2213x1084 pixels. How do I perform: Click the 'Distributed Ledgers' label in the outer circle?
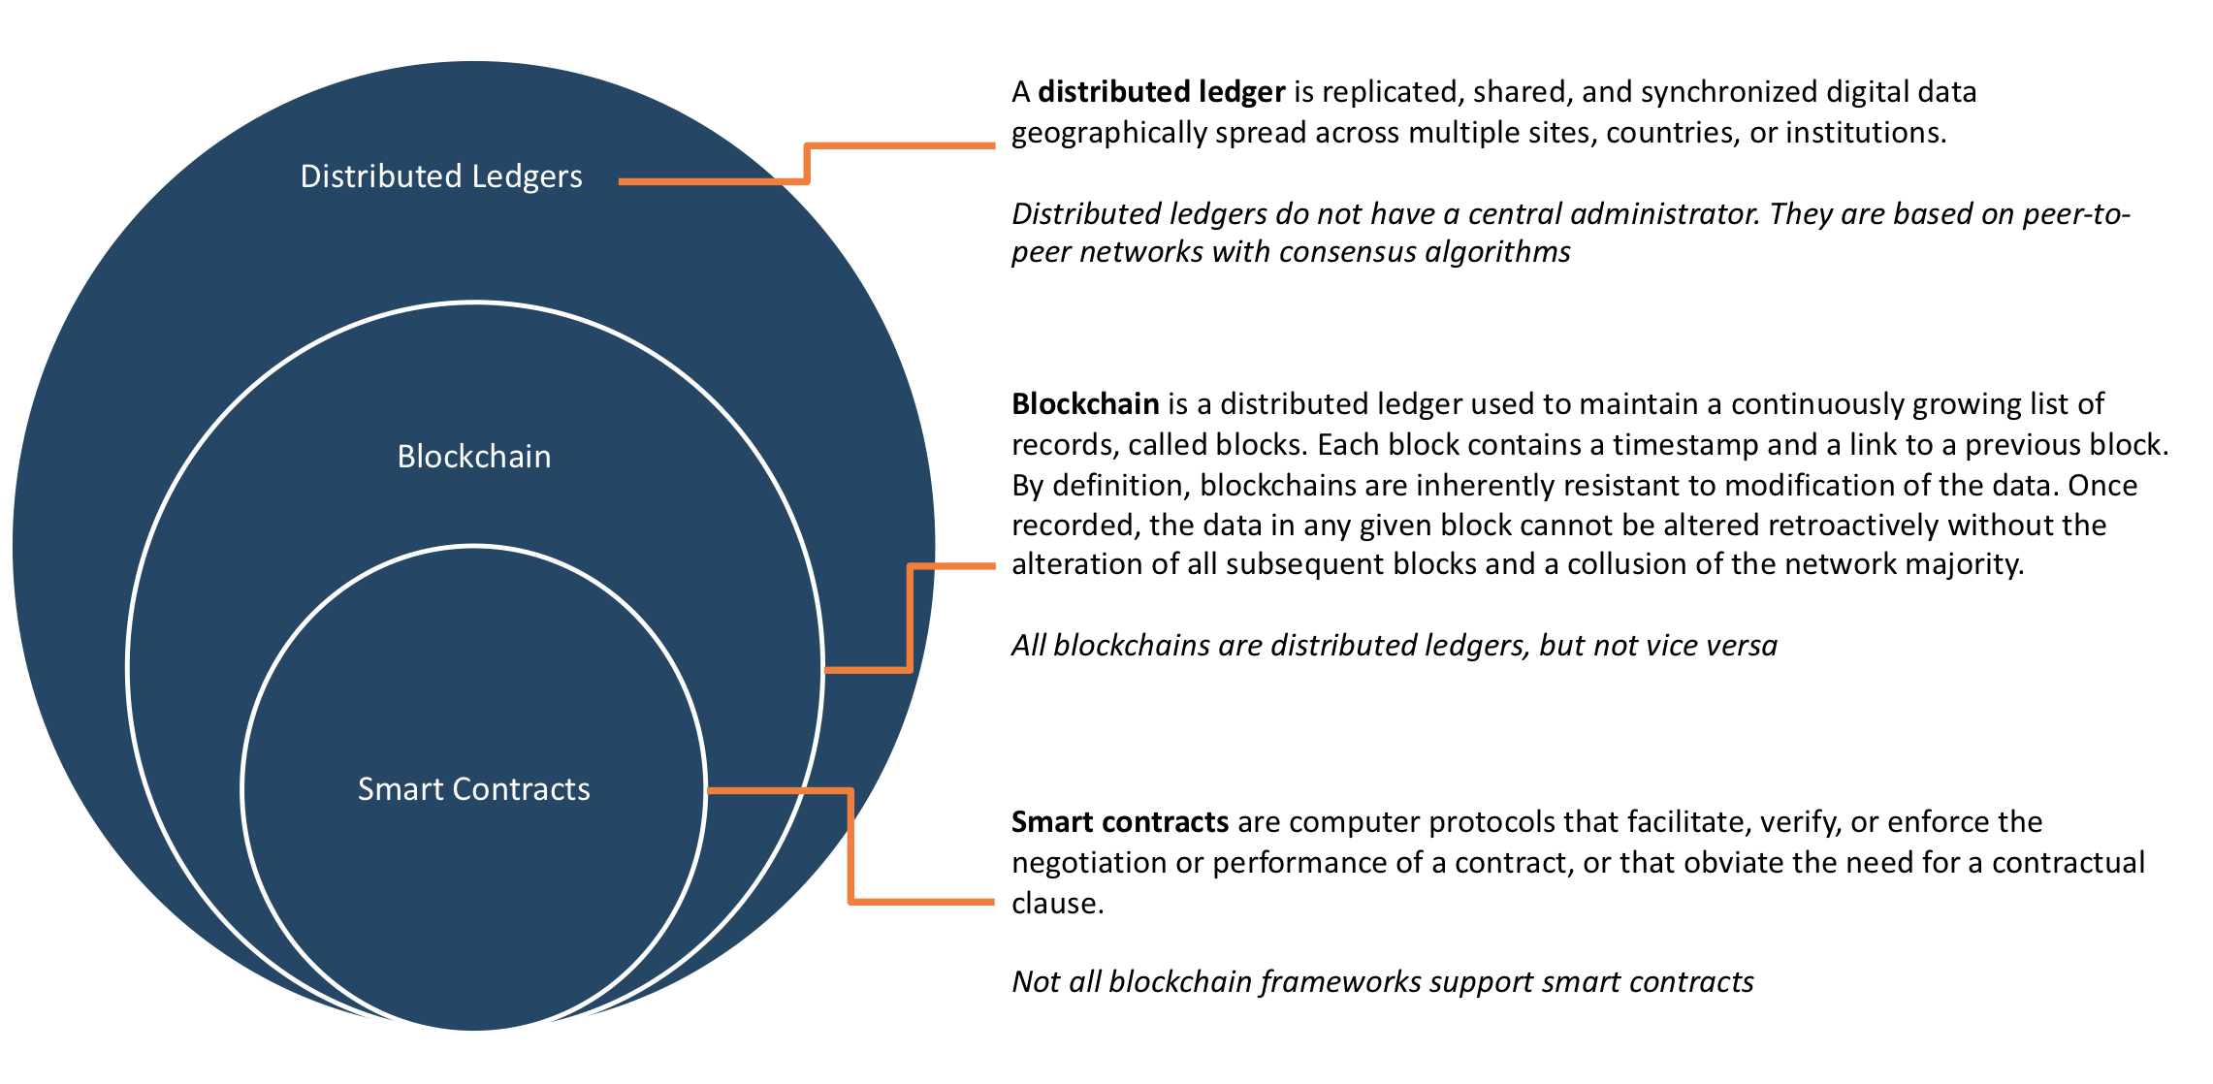click(441, 176)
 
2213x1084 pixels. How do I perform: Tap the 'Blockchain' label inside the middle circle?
click(474, 456)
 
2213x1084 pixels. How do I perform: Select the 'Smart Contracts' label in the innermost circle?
click(474, 789)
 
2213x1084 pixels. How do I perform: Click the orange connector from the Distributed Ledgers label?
click(807, 163)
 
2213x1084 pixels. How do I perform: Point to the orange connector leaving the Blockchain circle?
click(910, 617)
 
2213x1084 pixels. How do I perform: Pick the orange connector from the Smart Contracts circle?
click(850, 845)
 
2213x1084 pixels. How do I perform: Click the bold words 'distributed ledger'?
click(1162, 92)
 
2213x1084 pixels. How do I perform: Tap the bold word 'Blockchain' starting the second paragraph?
click(1085, 403)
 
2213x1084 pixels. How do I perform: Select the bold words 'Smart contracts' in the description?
click(1120, 822)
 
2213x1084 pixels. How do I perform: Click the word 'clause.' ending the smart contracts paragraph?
click(1058, 904)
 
